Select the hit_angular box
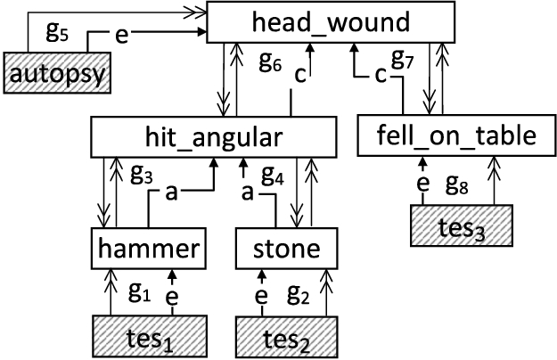pyautogui.click(x=214, y=136)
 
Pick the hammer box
pyautogui.click(x=150, y=250)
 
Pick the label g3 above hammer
pyautogui.click(x=141, y=172)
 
